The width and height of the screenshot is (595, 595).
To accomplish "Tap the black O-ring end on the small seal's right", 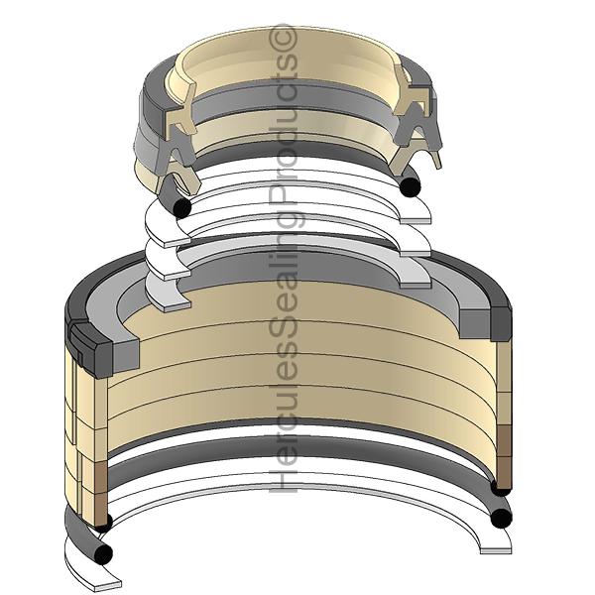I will click(x=410, y=184).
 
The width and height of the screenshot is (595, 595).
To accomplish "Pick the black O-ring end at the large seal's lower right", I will click(x=502, y=516).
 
